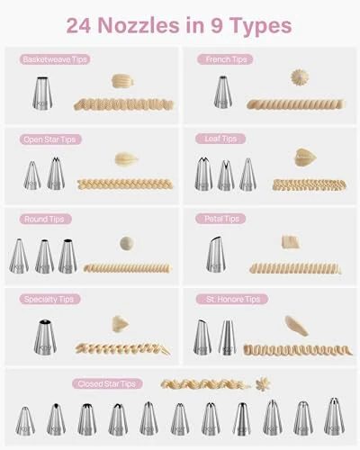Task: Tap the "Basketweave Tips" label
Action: click(x=54, y=59)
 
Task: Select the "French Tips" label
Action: click(x=225, y=59)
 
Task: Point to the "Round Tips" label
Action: click(x=45, y=219)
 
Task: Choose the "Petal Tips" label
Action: click(x=221, y=219)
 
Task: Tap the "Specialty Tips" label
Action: click(x=49, y=299)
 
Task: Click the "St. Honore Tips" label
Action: click(x=230, y=299)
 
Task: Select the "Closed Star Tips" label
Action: click(x=108, y=384)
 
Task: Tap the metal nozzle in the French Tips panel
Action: click(x=221, y=94)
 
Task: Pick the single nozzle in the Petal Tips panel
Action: click(x=215, y=254)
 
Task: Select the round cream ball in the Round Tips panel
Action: click(x=126, y=243)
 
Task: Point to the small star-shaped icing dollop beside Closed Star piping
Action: click(x=263, y=383)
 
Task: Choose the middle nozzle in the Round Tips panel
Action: click(x=43, y=256)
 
